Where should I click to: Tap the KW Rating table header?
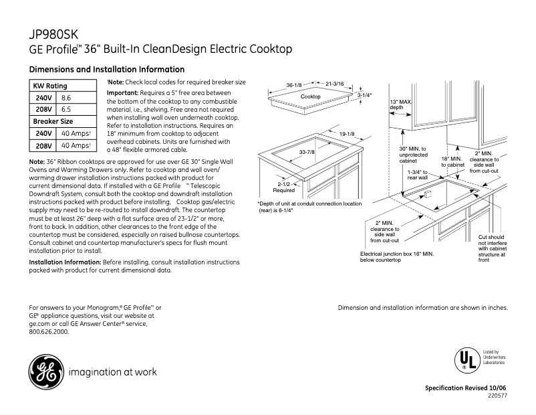coord(51,86)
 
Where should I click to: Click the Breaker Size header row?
coord(53,121)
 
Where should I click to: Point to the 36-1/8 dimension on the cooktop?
coord(295,85)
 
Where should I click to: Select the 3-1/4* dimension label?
coord(364,96)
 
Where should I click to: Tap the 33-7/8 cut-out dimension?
coord(307,153)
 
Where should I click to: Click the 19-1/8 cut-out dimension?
coord(346,134)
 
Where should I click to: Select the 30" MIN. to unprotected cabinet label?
coord(412,154)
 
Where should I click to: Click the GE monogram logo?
coord(44,371)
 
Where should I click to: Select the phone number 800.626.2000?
coord(49,331)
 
